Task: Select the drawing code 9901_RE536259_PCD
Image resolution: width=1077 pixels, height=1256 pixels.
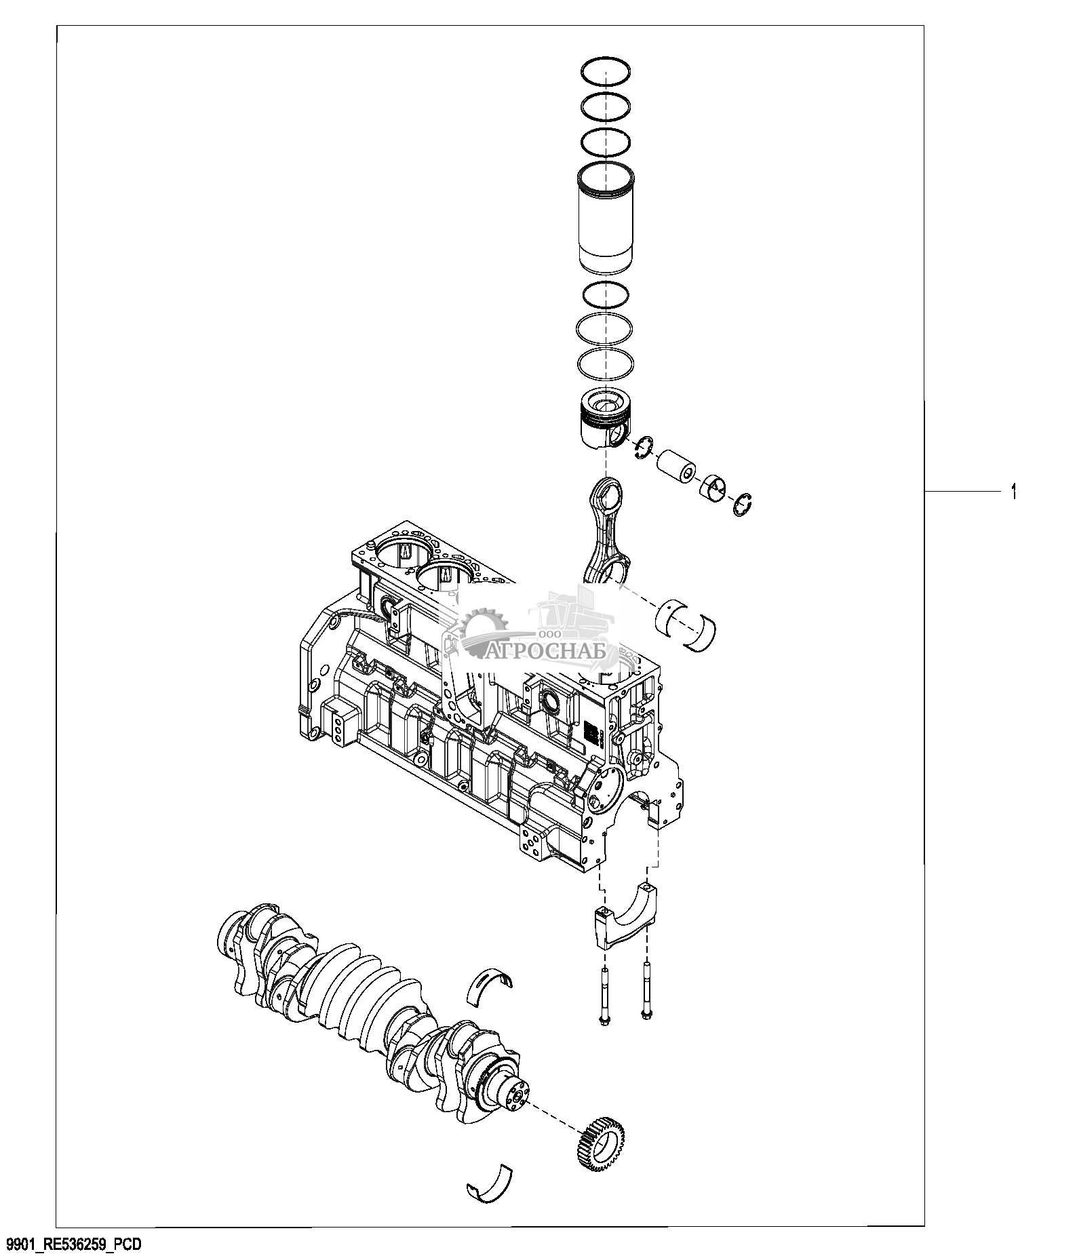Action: tap(74, 1244)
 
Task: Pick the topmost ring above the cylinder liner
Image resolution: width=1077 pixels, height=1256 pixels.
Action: tap(606, 71)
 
